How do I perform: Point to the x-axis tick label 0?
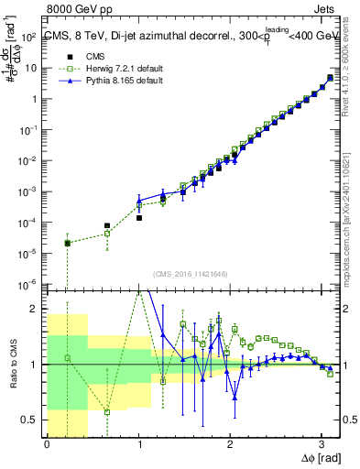tap(47, 445)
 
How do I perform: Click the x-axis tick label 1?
tap(138, 445)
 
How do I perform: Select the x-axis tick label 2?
tap(230, 445)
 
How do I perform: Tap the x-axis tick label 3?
tap(322, 445)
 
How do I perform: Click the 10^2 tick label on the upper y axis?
tap(29, 37)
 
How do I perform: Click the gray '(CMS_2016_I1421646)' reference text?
tap(190, 274)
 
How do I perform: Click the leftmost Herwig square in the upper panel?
tap(68, 243)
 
